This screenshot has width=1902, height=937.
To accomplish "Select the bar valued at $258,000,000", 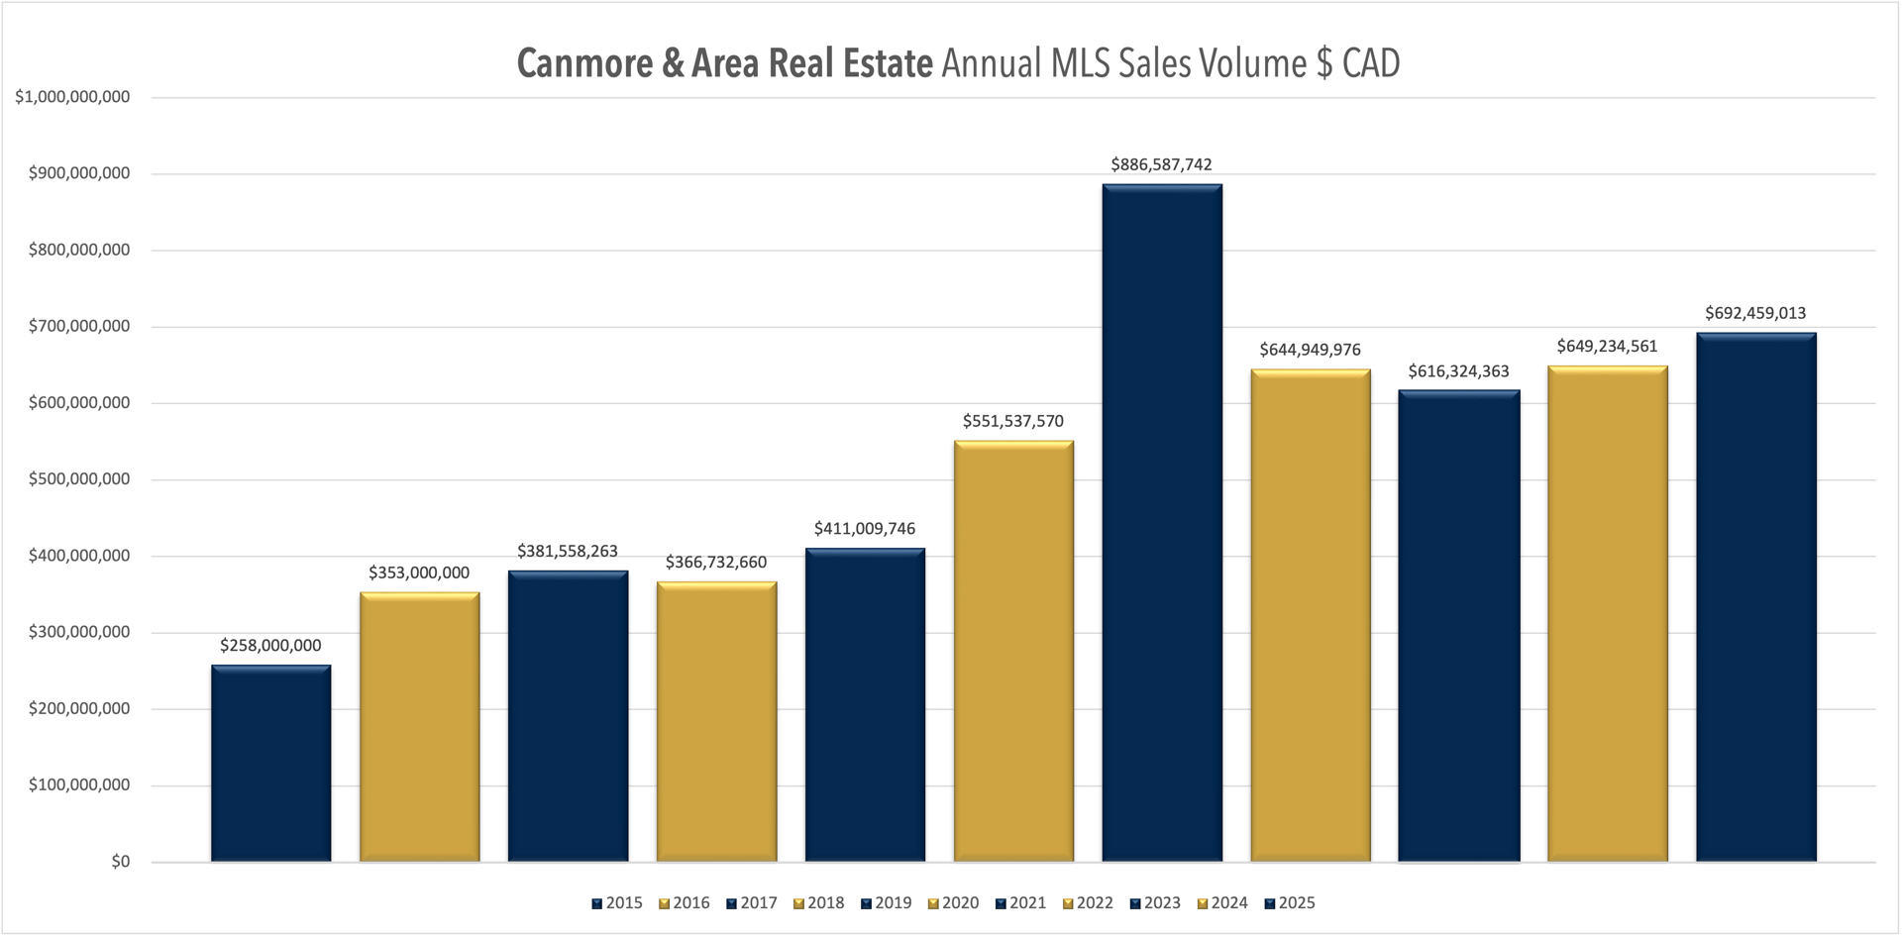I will click(x=270, y=763).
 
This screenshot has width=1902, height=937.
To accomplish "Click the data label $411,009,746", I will click(x=865, y=529).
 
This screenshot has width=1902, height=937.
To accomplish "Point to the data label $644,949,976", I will click(x=1310, y=350).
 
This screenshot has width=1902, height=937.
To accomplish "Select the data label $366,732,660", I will click(x=716, y=563).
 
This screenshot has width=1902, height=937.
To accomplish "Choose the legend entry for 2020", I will click(x=953, y=903).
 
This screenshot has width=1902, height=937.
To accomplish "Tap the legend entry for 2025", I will click(x=1289, y=903).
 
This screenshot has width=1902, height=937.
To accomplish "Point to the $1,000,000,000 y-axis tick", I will click(x=72, y=97).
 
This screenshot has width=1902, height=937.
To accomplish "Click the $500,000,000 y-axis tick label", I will click(x=79, y=479).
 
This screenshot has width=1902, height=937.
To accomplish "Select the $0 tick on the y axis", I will click(x=120, y=862).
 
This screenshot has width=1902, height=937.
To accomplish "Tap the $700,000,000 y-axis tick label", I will click(x=79, y=326).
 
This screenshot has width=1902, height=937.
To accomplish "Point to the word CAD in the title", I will click(x=1371, y=63).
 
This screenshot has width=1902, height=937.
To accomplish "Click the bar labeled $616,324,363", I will click(x=1459, y=625).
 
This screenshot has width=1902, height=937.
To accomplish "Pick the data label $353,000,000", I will click(x=419, y=573).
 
